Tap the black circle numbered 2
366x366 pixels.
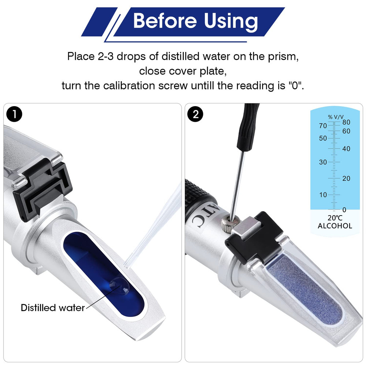point(195,114)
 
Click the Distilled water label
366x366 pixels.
point(53,307)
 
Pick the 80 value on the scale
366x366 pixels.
point(346,123)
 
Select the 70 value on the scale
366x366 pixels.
point(323,126)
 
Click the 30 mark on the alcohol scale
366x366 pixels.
point(323,162)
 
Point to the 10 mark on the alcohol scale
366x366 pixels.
point(323,195)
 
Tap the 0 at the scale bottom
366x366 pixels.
point(344,210)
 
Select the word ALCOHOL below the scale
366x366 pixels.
point(335,226)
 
